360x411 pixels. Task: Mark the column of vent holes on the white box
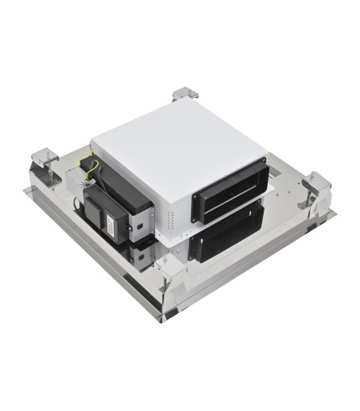(172, 220)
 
